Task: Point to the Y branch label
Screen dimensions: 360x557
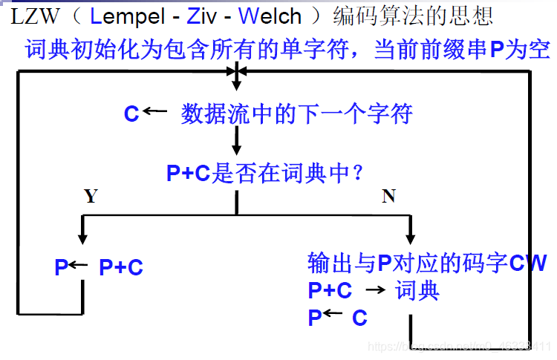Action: click(x=91, y=196)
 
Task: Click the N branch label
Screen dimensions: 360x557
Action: click(x=388, y=196)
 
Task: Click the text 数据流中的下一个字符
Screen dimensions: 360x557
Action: click(x=296, y=114)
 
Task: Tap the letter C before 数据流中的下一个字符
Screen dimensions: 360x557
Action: click(x=131, y=114)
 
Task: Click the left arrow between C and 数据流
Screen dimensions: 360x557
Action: click(x=155, y=112)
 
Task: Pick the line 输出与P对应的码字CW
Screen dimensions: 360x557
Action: click(x=427, y=263)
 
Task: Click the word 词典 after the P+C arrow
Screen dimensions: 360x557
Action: click(x=417, y=290)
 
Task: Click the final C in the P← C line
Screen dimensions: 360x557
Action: click(x=359, y=318)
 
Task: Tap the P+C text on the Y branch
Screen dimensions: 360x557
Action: click(x=121, y=268)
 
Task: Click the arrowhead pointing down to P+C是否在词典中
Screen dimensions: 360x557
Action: click(x=236, y=152)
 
